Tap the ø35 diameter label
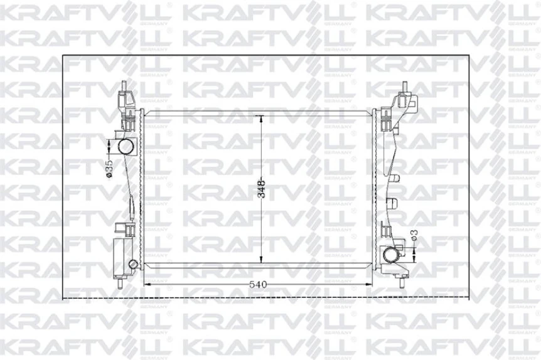109,169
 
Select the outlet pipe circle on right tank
392,255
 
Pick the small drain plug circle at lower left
132,263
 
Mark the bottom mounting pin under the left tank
120,280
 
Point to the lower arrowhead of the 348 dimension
262,262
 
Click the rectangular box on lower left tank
121,256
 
